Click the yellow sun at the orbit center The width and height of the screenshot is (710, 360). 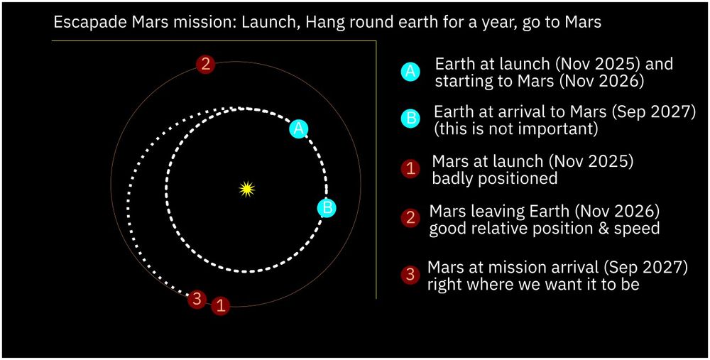246,189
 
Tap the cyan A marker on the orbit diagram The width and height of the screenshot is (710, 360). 299,129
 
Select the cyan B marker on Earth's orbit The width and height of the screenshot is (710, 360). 327,208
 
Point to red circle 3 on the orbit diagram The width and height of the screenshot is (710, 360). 197,300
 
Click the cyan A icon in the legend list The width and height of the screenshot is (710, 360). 410,72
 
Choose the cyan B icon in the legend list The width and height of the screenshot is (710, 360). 410,118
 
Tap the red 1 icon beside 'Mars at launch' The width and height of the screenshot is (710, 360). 410,169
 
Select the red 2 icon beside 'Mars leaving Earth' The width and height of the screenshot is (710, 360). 410,218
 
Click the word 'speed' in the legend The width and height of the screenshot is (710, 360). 636,229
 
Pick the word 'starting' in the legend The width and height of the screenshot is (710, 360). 461,82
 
